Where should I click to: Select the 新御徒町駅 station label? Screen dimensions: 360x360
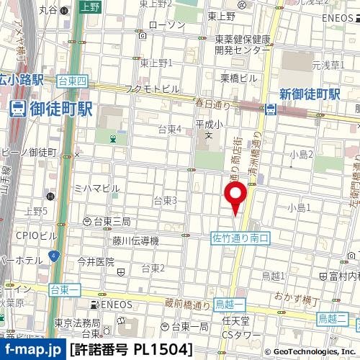pyautogui.click(x=310, y=94)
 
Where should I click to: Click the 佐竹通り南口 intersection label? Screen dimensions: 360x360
pyautogui.click(x=240, y=238)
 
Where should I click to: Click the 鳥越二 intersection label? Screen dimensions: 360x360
pyautogui.click(x=333, y=318)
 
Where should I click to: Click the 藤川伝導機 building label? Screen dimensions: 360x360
pyautogui.click(x=135, y=240)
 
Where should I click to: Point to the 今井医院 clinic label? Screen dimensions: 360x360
pyautogui.click(x=96, y=261)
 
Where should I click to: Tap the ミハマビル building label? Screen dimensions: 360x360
pyautogui.click(x=96, y=188)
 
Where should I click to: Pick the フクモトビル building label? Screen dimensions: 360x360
pyautogui.click(x=152, y=88)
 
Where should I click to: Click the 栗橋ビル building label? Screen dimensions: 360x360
pyautogui.click(x=238, y=77)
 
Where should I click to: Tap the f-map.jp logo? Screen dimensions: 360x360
pyautogui.click(x=32, y=350)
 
